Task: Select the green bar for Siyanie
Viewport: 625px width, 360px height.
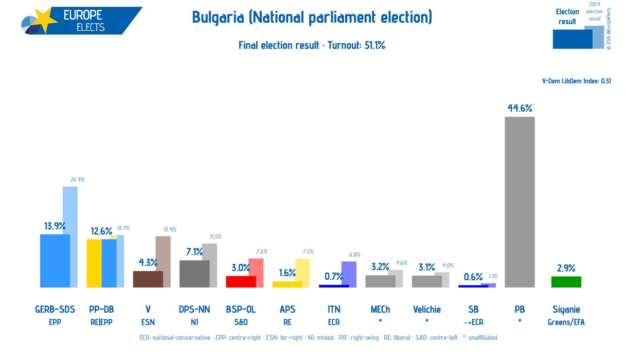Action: [x=566, y=282]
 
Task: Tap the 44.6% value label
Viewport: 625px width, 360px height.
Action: [x=520, y=109]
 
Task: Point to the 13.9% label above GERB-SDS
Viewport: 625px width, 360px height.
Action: [x=55, y=226]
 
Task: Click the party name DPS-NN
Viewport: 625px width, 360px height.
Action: [x=194, y=310]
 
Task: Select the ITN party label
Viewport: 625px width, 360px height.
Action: [x=334, y=310]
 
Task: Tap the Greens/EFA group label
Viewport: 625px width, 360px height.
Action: [x=566, y=322]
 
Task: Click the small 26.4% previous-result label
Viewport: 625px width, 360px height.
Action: [x=77, y=180]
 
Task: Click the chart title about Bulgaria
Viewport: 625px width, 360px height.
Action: [x=312, y=17]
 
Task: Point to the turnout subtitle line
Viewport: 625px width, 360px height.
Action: [x=312, y=45]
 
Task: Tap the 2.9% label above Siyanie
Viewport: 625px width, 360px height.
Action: [x=566, y=268]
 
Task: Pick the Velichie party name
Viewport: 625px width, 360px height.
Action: [x=426, y=310]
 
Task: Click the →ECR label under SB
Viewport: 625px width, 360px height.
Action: [x=473, y=322]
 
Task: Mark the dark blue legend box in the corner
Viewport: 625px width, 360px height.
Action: [x=572, y=39]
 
